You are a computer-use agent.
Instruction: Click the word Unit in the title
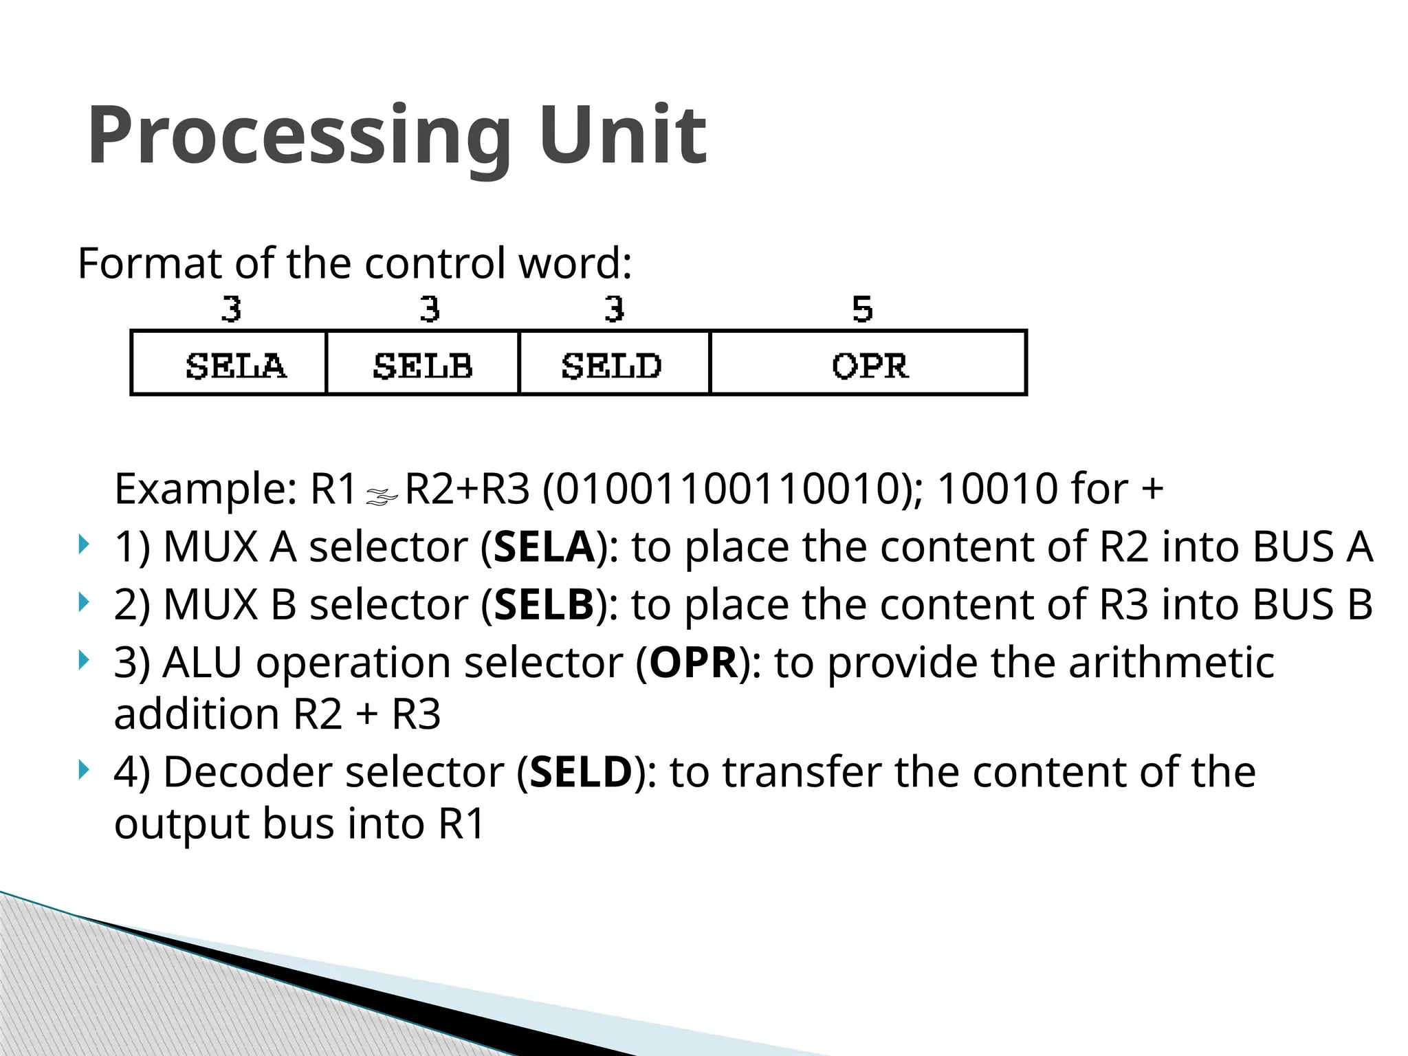(622, 135)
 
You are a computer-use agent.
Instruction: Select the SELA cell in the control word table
(235, 365)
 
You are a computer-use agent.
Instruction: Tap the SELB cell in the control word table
(422, 365)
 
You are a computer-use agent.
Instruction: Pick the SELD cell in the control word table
(611, 365)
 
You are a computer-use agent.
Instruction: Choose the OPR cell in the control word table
(869, 365)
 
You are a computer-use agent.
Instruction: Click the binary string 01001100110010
(727, 489)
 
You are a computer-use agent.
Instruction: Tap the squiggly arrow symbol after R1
(382, 496)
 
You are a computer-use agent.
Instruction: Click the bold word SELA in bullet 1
(544, 547)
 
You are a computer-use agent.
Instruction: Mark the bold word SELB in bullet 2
(544, 605)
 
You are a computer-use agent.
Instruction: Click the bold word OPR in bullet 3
(693, 663)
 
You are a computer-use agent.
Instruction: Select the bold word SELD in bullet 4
(581, 772)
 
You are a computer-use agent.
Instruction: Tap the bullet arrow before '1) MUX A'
(84, 546)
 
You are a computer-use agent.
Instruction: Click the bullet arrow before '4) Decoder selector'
(84, 770)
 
